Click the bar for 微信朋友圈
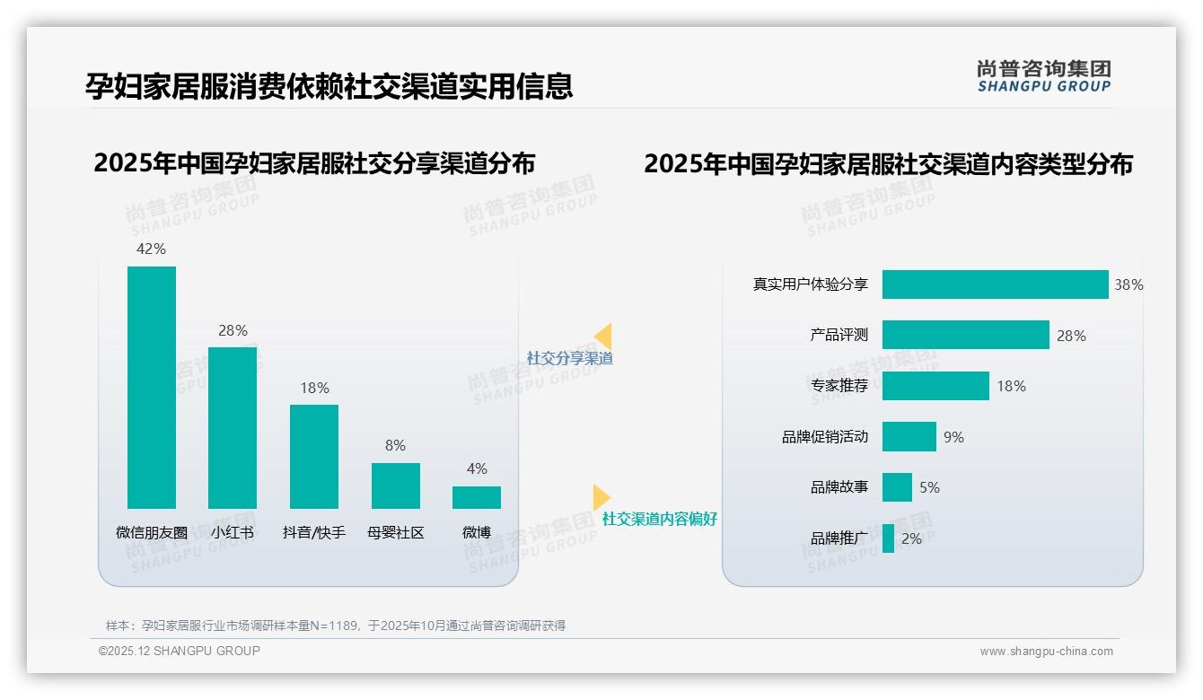pyautogui.click(x=152, y=388)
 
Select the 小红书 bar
pyautogui.click(x=233, y=428)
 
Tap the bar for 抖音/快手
pyautogui.click(x=314, y=457)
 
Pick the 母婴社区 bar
pyautogui.click(x=396, y=486)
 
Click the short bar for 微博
pyautogui.click(x=477, y=497)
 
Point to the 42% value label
pyautogui.click(x=151, y=249)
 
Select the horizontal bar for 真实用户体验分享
pyautogui.click(x=995, y=284)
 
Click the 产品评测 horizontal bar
pyautogui.click(x=965, y=335)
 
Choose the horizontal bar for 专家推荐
pyautogui.click(x=935, y=386)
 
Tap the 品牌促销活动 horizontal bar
pyautogui.click(x=909, y=437)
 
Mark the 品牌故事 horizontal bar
pyautogui.click(x=897, y=487)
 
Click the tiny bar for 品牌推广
pyautogui.click(x=888, y=538)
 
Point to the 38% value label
pyautogui.click(x=1128, y=284)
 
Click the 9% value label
pyautogui.click(x=953, y=437)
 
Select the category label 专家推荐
pyautogui.click(x=839, y=386)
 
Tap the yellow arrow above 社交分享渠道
pyautogui.click(x=603, y=337)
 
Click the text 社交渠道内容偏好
pyautogui.click(x=660, y=519)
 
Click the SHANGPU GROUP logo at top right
pyautogui.click(x=1044, y=76)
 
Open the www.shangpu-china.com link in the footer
pyautogui.click(x=1046, y=652)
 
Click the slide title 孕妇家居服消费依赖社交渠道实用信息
pyautogui.click(x=329, y=86)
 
